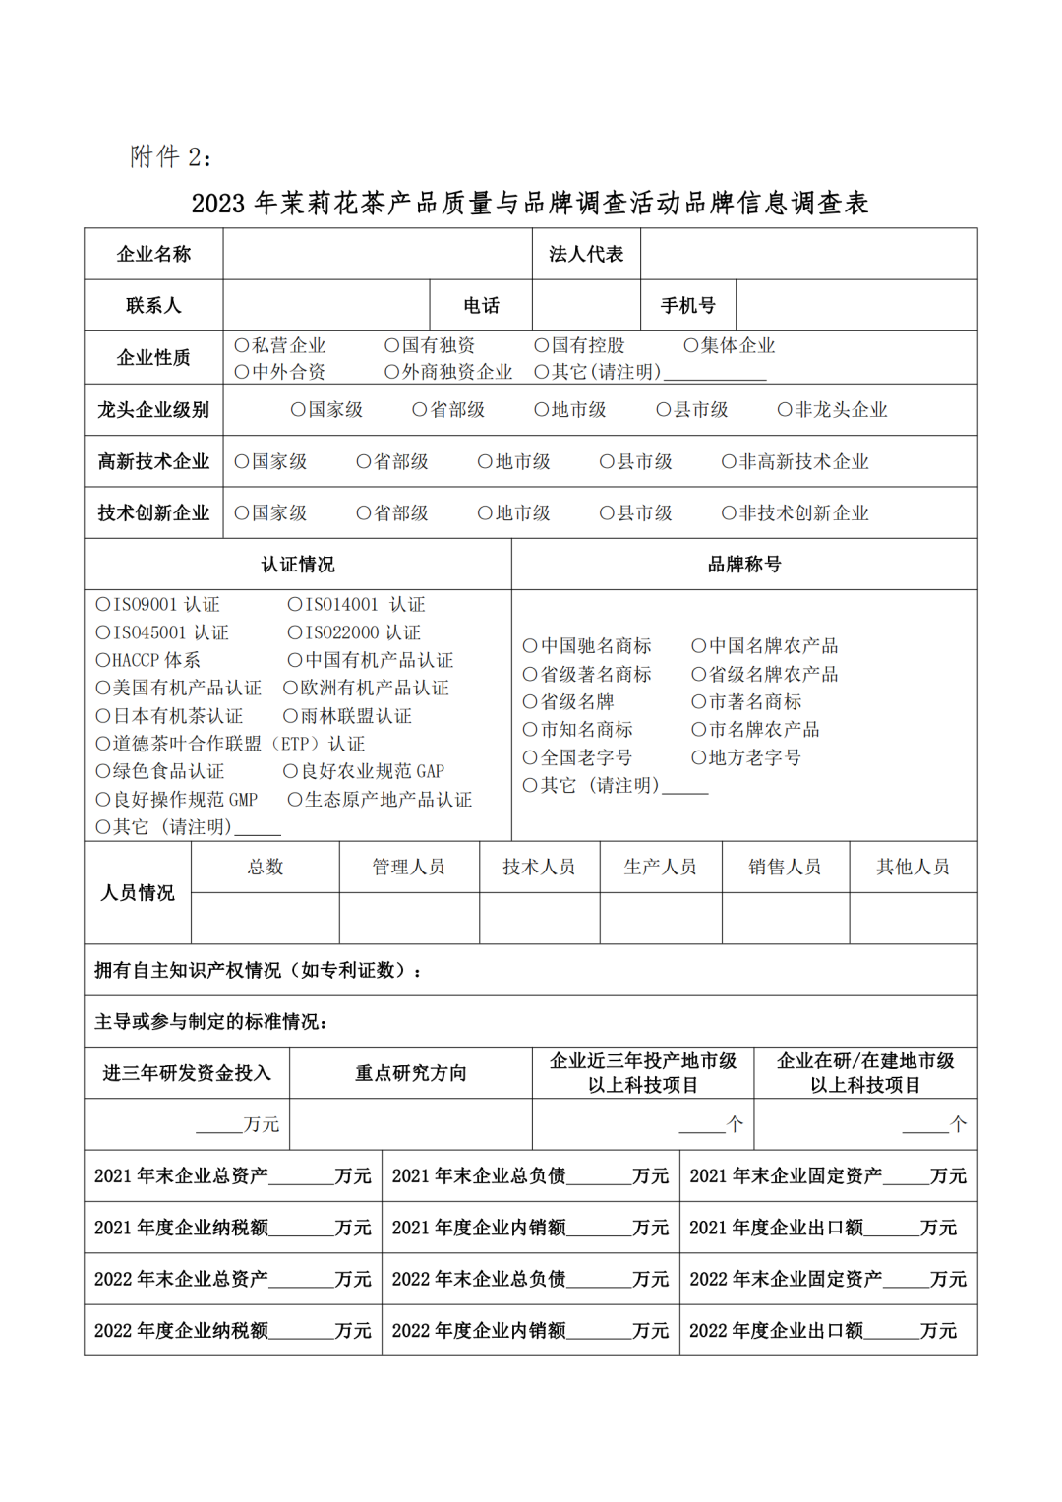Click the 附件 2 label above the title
pos(170,157)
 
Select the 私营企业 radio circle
pos(242,345)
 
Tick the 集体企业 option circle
pos(691,345)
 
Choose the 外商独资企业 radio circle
pos(391,372)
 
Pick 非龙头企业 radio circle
pos(785,410)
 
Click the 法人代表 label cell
pos(586,255)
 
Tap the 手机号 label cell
pos(687,306)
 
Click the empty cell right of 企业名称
pos(377,255)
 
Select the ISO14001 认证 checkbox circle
pos(295,605)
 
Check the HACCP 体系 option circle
pos(102,660)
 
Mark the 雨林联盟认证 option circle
pos(290,716)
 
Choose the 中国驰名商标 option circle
pos(530,646)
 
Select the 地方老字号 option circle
pos(698,757)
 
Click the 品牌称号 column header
pos(744,565)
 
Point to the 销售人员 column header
pos(785,867)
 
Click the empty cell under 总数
pos(265,919)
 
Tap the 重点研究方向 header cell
pos(410,1073)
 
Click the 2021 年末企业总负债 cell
pos(530,1175)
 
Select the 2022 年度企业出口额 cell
pos(828,1331)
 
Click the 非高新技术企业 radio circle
pos(729,461)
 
